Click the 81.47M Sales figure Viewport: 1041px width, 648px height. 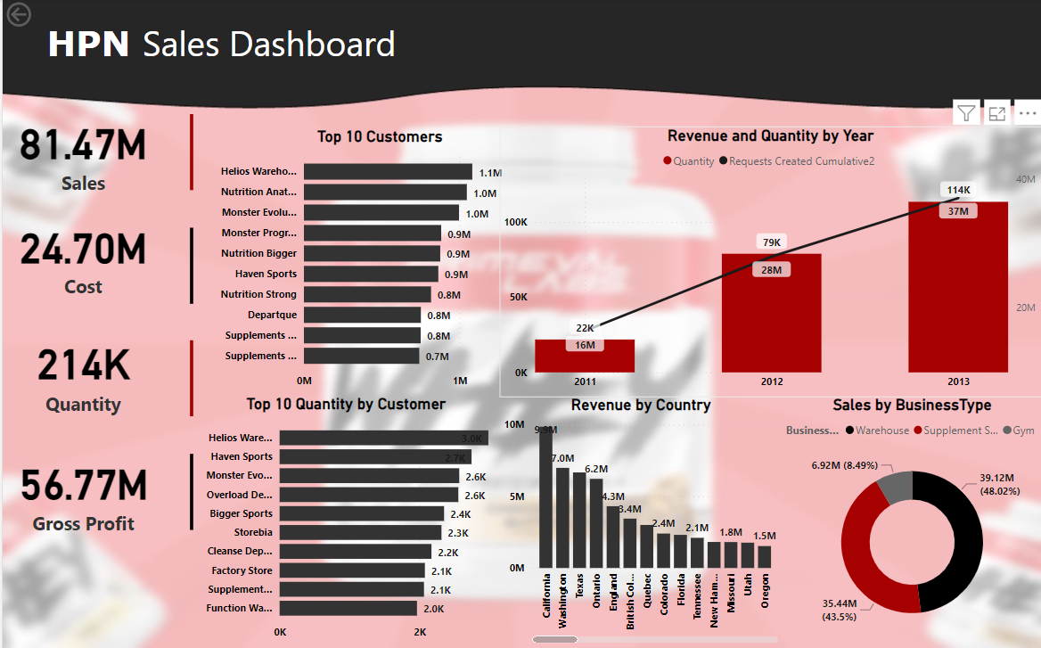coord(82,146)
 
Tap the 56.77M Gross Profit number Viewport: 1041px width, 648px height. coord(84,487)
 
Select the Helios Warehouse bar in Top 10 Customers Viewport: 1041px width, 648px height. coord(388,172)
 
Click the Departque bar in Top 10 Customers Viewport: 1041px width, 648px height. coord(362,315)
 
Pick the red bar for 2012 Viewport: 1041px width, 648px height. coord(771,312)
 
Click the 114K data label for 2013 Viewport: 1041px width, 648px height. coord(958,190)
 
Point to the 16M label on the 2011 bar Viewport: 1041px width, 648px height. coord(585,345)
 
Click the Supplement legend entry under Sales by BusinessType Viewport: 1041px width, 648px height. coord(956,431)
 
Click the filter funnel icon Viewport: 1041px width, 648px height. coord(966,113)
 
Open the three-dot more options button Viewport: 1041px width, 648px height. coord(1028,113)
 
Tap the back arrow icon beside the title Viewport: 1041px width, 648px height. coord(19,14)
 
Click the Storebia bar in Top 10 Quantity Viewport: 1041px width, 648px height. coord(360,532)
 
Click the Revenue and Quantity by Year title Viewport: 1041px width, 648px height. coord(770,136)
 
